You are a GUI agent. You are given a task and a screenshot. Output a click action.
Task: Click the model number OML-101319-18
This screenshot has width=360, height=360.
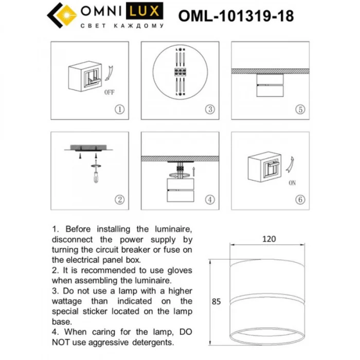click(x=236, y=16)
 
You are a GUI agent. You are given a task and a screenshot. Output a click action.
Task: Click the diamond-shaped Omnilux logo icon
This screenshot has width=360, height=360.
click(x=61, y=15)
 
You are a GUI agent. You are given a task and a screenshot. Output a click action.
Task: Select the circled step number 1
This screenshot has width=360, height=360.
click(x=119, y=109)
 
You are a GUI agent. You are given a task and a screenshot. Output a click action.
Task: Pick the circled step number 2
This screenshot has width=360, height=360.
click(x=119, y=200)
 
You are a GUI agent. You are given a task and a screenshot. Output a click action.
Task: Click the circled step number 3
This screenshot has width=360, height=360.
click(x=210, y=109)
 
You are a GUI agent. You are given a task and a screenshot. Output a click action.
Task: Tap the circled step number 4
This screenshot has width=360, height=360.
click(x=210, y=200)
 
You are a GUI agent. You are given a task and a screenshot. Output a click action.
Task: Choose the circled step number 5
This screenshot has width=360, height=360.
click(x=300, y=109)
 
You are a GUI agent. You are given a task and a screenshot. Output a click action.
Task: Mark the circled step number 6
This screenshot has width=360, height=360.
click(x=300, y=200)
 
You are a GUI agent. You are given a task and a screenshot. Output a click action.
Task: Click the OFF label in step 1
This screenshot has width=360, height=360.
click(x=109, y=93)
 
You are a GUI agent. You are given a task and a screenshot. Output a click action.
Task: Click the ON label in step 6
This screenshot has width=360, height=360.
click(x=292, y=183)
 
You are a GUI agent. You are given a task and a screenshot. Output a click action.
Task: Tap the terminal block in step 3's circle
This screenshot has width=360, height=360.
click(x=180, y=72)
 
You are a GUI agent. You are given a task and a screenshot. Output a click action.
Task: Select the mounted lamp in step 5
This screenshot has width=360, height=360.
click(x=269, y=85)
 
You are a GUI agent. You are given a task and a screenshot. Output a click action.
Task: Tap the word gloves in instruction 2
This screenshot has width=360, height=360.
click(x=177, y=270)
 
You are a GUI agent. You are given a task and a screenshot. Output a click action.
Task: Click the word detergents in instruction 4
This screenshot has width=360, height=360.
click(x=152, y=342)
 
